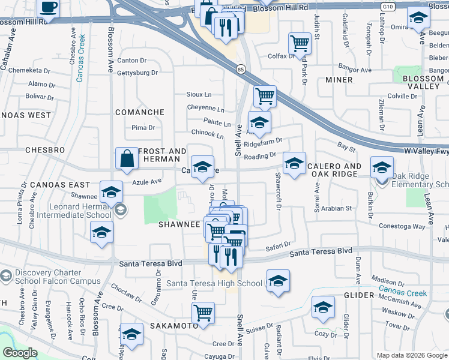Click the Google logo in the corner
pyautogui.click(x=19, y=353)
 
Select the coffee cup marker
pyautogui.click(x=49, y=8)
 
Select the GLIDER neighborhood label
pyautogui.click(x=359, y=295)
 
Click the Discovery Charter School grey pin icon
pyautogui.click(x=7, y=277)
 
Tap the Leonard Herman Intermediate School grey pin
pyautogui.click(x=121, y=209)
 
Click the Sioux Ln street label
pyautogui.click(x=199, y=95)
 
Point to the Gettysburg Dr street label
pyautogui.click(x=137, y=73)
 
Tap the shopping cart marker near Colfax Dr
pyautogui.click(x=299, y=43)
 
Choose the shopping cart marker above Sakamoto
pyautogui.click(x=203, y=312)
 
